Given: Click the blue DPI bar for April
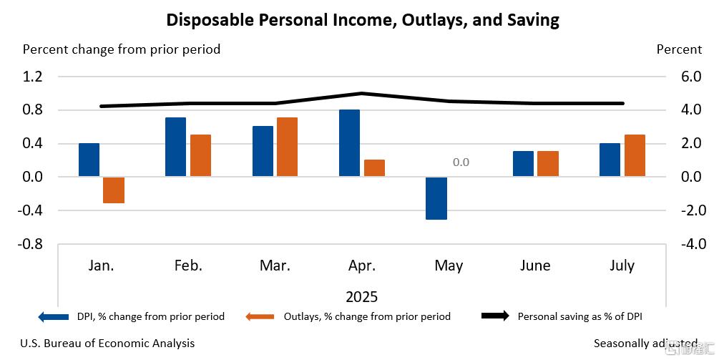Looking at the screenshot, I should pyautogui.click(x=349, y=143).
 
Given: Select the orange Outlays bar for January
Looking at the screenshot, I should pyautogui.click(x=114, y=190).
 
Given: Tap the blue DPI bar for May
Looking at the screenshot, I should pyautogui.click(x=436, y=198).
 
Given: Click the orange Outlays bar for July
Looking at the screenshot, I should pyautogui.click(x=635, y=155).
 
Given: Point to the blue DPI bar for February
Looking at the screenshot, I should pyautogui.click(x=176, y=147).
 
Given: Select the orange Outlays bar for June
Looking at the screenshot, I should pyautogui.click(x=548, y=164).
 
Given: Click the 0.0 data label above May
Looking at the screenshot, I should pyautogui.click(x=461, y=162).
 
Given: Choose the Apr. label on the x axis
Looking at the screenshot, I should pyautogui.click(x=361, y=266).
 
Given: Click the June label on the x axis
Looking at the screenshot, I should pyautogui.click(x=535, y=266).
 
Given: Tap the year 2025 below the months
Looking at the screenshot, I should pyautogui.click(x=361, y=296).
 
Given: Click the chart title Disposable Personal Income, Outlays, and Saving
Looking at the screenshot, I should pyautogui.click(x=363, y=19).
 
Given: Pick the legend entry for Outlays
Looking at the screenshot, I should pyautogui.click(x=366, y=316).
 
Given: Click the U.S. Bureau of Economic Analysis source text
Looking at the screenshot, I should pyautogui.click(x=107, y=344).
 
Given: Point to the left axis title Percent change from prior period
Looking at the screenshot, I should pyautogui.click(x=122, y=49).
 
